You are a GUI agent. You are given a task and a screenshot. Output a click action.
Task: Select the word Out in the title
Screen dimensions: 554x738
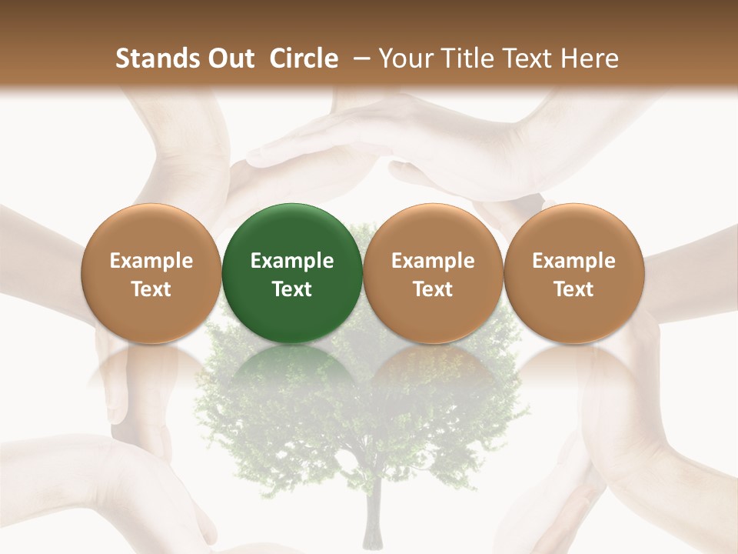(x=228, y=58)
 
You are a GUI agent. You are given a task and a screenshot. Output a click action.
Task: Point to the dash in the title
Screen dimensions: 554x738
(x=359, y=59)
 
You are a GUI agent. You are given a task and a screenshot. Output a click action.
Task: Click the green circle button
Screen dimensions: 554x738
(x=292, y=273)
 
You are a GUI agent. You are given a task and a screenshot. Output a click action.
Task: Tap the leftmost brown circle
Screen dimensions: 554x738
(x=151, y=273)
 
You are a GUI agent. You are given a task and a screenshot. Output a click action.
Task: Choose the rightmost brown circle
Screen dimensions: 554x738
(x=573, y=273)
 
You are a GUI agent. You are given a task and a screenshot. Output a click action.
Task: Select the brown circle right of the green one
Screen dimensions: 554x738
(x=433, y=273)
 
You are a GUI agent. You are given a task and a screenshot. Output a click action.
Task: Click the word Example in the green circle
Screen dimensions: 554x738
(x=292, y=261)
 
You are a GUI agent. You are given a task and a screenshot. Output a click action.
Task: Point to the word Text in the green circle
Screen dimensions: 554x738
(x=292, y=289)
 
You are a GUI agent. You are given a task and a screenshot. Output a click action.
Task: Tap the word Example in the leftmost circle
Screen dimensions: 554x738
(x=151, y=261)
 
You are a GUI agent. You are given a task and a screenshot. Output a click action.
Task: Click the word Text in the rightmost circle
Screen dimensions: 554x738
(x=573, y=289)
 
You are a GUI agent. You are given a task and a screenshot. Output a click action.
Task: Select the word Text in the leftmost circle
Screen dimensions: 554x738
(x=151, y=289)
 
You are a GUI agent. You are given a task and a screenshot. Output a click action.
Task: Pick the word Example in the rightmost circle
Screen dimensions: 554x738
(x=573, y=261)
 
